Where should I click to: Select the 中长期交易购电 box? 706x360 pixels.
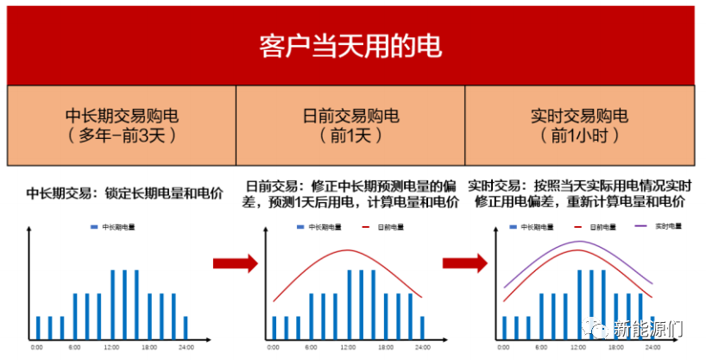click(x=121, y=125)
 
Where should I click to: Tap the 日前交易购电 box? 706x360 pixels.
click(x=350, y=125)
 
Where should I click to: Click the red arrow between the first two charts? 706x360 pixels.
click(x=235, y=263)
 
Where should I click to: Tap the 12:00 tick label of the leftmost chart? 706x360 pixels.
click(x=111, y=346)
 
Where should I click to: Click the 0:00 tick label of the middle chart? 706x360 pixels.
click(x=271, y=346)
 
